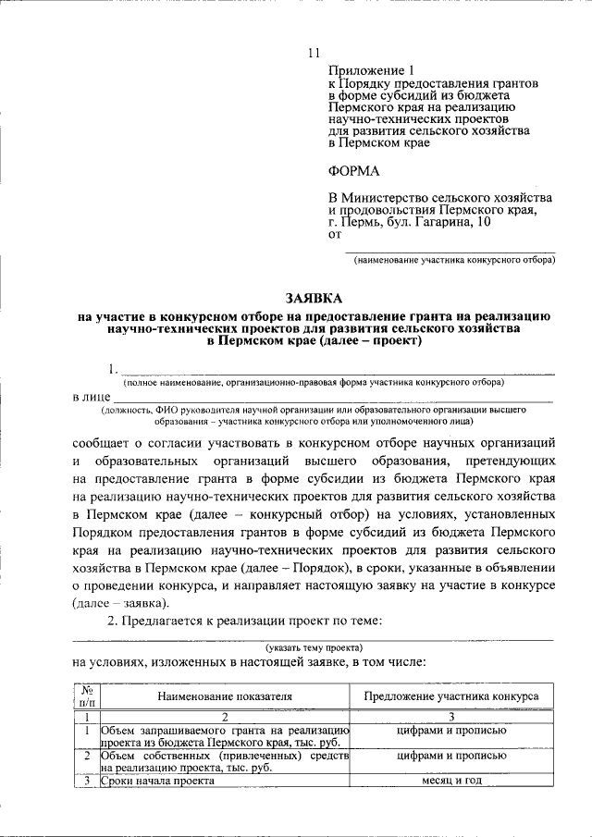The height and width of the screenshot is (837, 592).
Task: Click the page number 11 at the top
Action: click(x=314, y=53)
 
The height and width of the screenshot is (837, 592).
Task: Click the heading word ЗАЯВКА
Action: click(x=314, y=298)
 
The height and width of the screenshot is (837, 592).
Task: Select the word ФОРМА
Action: click(x=353, y=171)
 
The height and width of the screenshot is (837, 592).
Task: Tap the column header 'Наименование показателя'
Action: click(x=224, y=696)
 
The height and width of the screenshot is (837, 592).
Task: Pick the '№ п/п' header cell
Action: click(x=86, y=696)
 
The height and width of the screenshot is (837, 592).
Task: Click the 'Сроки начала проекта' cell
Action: click(x=158, y=781)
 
